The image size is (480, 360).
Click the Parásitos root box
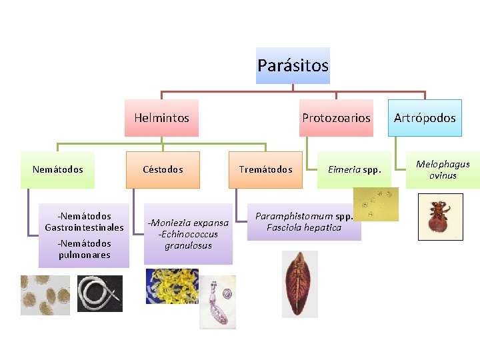pos(293,65)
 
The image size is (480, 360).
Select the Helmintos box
pos(161,118)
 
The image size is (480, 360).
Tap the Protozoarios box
pos(336,118)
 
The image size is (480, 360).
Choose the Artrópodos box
pos(425,118)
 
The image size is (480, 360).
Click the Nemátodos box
pos(58,169)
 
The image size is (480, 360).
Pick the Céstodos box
pos(163,169)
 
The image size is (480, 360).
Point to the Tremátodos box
pos(265,169)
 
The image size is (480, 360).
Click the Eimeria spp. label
pos(354,169)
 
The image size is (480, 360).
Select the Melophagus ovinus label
pos(443,169)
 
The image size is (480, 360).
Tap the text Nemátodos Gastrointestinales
pos(85,221)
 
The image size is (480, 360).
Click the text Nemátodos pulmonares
pos(85,249)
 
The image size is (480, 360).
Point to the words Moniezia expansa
pos(189,223)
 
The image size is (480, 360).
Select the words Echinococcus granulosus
pos(188,240)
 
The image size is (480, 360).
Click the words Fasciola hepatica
pos(304,228)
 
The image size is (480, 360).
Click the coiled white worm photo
pos(99,293)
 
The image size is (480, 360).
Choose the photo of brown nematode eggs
pos(45,295)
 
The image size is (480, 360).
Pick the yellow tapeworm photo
pos(172,285)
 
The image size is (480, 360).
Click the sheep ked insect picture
pos(439,217)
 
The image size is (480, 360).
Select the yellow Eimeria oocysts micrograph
pos(375,203)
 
